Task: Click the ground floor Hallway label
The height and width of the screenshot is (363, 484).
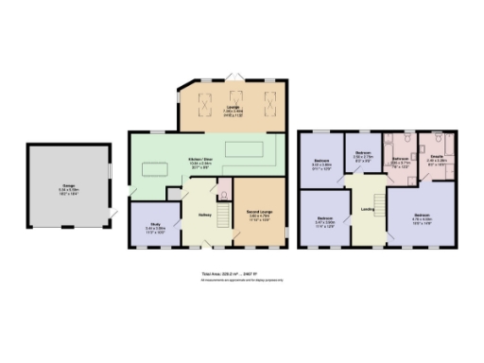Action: point(204,214)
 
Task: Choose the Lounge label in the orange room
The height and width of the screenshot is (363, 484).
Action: point(233,112)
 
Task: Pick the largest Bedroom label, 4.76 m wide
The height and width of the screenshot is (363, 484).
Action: point(422,218)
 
